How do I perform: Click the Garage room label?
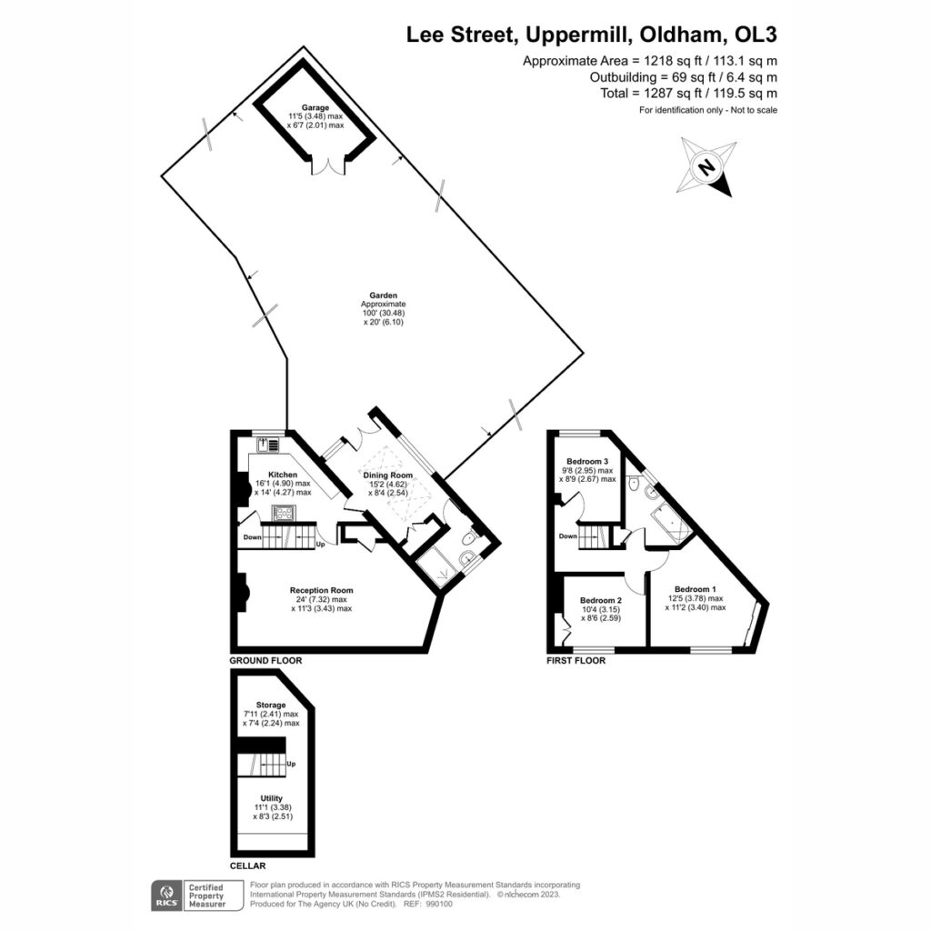[315, 107]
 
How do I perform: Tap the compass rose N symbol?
[706, 167]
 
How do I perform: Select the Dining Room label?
[387, 475]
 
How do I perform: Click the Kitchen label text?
[283, 475]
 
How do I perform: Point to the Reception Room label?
[321, 590]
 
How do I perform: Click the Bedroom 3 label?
[587, 461]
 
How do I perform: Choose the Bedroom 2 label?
[601, 600]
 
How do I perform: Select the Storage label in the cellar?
[271, 705]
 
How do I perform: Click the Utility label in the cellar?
[271, 798]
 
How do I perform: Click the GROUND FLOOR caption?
[265, 660]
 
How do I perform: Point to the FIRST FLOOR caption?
[576, 660]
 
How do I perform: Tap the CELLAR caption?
[247, 866]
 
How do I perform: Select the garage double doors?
[328, 166]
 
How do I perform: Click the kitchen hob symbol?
[284, 513]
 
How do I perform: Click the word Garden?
[383, 295]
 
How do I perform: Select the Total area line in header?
[688, 94]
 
